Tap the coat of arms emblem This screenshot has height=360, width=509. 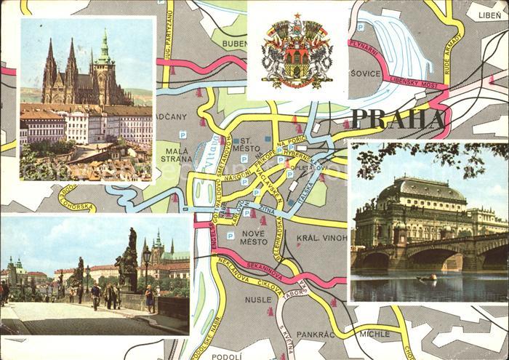(297, 51)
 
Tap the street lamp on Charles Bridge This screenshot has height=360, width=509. (147, 262)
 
